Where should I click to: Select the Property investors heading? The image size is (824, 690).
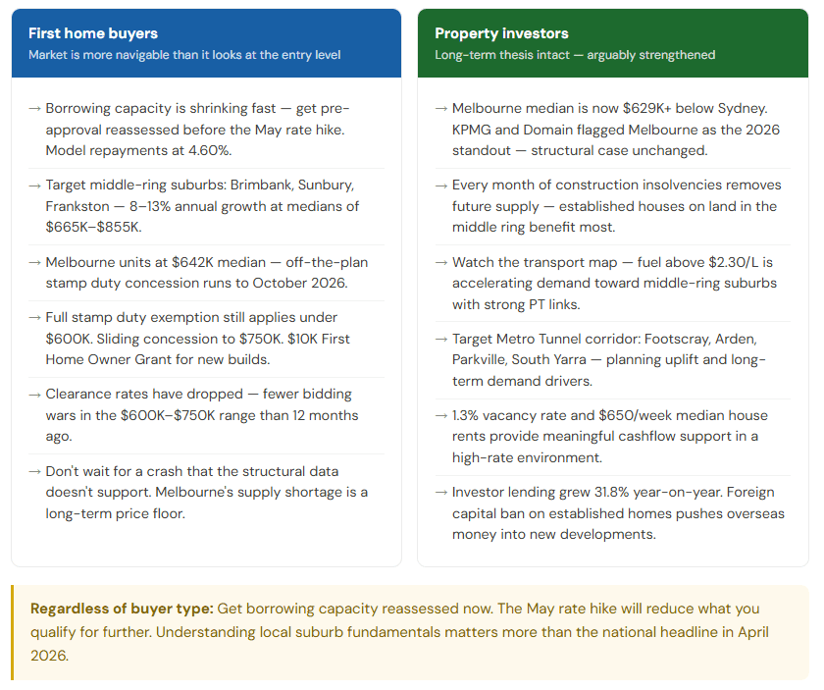point(501,33)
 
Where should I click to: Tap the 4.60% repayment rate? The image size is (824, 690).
point(210,151)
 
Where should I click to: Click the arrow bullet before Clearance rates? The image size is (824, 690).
point(35,394)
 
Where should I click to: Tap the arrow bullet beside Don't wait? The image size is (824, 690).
point(35,471)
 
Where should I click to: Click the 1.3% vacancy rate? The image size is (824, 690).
point(470,415)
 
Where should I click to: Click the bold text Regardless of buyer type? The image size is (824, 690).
point(122,609)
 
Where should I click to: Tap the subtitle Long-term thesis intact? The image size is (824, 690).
point(500,55)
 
